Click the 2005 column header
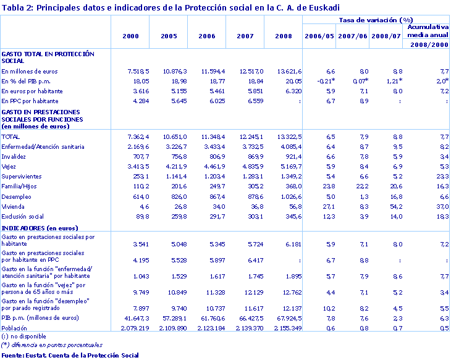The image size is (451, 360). pyautogui.click(x=169, y=36)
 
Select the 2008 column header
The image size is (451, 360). pyautogui.click(x=284, y=36)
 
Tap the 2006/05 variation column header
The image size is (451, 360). pyautogui.click(x=319, y=36)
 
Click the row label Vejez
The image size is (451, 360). pyautogui.click(x=10, y=166)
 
